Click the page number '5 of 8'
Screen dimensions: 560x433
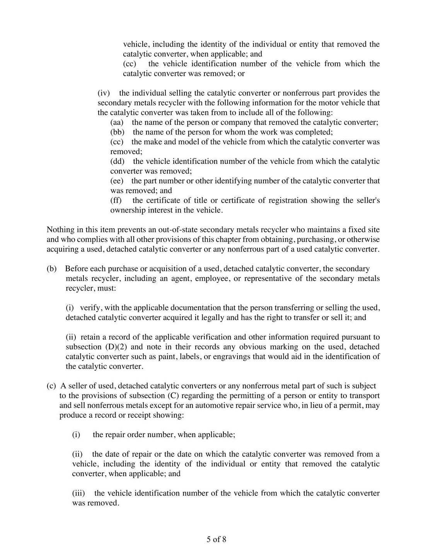coord(216,539)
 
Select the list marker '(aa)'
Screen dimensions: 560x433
coord(117,122)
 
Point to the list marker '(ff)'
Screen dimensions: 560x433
coord(116,200)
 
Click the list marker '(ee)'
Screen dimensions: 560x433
coord(116,181)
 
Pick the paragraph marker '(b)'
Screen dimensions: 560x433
coord(52,269)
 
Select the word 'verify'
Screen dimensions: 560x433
coord(90,308)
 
